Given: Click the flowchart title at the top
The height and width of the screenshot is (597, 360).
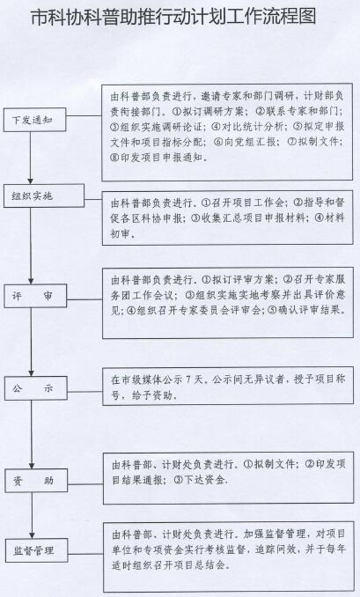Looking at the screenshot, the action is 173,17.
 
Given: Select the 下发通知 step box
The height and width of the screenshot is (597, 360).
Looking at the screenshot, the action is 34,120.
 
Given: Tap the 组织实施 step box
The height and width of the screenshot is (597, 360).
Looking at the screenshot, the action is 44,196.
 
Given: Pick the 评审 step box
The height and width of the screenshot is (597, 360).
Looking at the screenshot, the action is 35,296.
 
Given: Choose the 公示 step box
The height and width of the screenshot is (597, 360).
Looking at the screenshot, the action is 36,388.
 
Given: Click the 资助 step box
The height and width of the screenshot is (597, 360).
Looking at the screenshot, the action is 36,481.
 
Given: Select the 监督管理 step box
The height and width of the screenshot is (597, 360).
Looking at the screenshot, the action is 37,550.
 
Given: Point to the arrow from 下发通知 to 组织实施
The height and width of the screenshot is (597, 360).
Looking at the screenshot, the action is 31,158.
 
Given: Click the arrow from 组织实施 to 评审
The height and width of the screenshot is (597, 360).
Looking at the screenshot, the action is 31,246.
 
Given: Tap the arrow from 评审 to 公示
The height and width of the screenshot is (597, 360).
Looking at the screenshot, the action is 31,342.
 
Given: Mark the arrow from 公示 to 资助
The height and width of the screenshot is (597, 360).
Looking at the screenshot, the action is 32,434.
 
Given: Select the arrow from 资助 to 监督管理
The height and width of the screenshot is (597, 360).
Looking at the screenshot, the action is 32,515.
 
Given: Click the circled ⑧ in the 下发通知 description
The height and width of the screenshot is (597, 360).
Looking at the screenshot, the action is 115,158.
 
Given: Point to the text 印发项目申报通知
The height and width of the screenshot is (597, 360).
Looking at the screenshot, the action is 161,158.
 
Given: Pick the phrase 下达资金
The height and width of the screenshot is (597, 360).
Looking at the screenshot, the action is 203,480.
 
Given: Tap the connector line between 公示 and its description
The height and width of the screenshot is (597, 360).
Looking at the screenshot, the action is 85,391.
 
